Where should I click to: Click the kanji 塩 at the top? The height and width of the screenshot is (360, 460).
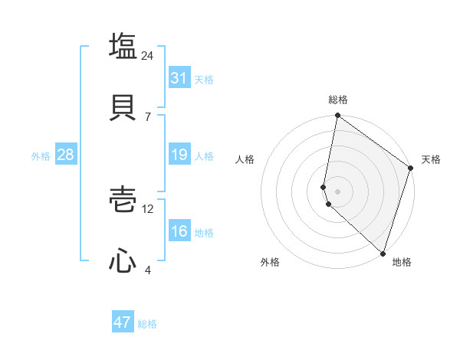[123, 47]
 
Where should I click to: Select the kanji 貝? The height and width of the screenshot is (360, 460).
[123, 106]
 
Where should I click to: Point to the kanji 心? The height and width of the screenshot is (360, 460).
[123, 260]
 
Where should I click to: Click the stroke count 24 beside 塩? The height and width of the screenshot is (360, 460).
[148, 55]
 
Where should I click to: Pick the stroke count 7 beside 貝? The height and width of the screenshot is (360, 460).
[148, 116]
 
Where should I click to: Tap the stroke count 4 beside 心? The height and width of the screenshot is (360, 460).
[148, 270]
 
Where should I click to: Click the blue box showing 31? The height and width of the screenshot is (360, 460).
[179, 78]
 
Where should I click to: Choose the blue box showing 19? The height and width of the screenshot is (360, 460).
[179, 155]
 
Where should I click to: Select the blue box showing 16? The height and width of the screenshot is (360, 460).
[179, 231]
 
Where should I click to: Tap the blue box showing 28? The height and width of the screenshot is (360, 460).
[65, 155]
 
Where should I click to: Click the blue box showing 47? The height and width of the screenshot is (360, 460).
[123, 322]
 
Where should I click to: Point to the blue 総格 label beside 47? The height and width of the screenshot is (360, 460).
[147, 324]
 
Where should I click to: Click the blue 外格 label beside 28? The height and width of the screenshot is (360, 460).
[41, 156]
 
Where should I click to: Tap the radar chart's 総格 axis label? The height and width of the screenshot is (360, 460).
[337, 100]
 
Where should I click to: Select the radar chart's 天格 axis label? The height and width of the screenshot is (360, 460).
[432, 159]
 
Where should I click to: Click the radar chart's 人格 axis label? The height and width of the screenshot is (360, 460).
[245, 159]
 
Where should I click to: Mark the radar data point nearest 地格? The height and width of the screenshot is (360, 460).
[383, 254]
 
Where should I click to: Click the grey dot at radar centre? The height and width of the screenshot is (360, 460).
[337, 191]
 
